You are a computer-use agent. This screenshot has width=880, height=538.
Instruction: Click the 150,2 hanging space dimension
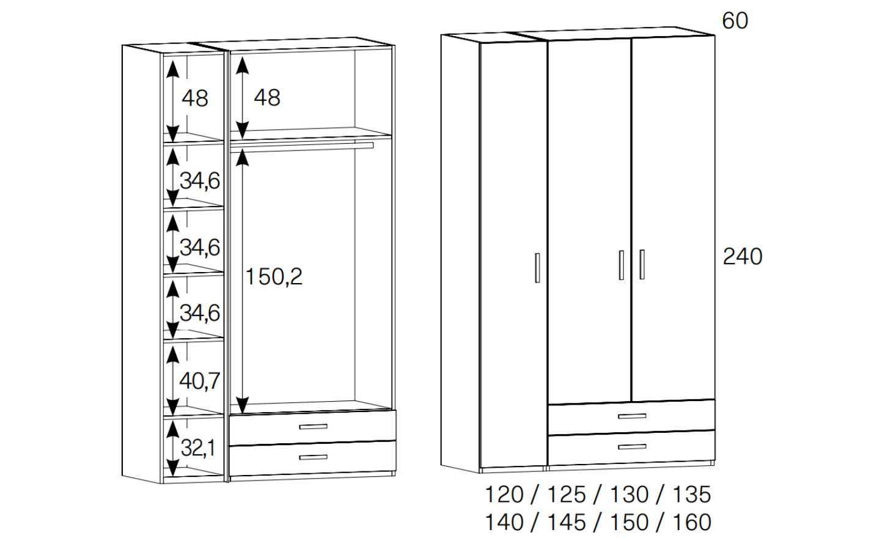[274, 277]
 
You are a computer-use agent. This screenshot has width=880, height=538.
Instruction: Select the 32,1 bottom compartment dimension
[199, 448]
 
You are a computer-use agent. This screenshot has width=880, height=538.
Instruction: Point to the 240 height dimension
[742, 257]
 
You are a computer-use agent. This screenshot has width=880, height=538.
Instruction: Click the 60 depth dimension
[735, 21]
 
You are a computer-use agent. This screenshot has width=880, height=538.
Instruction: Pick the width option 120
[504, 495]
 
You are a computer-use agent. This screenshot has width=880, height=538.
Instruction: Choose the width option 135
[692, 495]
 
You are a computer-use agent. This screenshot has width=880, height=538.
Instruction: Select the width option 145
[566, 522]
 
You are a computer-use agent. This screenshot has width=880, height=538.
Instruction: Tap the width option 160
[692, 522]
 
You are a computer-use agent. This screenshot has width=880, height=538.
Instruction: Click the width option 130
[629, 495]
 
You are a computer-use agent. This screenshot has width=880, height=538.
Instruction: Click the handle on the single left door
[537, 268]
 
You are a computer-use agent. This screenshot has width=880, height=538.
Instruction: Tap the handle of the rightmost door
[642, 265]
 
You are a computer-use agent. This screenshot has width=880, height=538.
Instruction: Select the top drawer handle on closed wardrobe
[632, 416]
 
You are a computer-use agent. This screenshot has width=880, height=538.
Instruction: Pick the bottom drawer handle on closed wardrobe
[632, 447]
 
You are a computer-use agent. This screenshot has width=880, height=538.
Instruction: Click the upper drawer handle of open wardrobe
[313, 427]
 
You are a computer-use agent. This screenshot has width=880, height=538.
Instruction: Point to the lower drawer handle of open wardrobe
[313, 457]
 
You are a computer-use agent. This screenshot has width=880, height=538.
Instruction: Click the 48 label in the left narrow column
[195, 98]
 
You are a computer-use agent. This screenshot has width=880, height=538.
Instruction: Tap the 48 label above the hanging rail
[267, 97]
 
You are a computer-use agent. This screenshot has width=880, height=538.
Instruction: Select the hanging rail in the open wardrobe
[302, 147]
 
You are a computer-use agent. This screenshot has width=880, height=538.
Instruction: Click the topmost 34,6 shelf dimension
[200, 181]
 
